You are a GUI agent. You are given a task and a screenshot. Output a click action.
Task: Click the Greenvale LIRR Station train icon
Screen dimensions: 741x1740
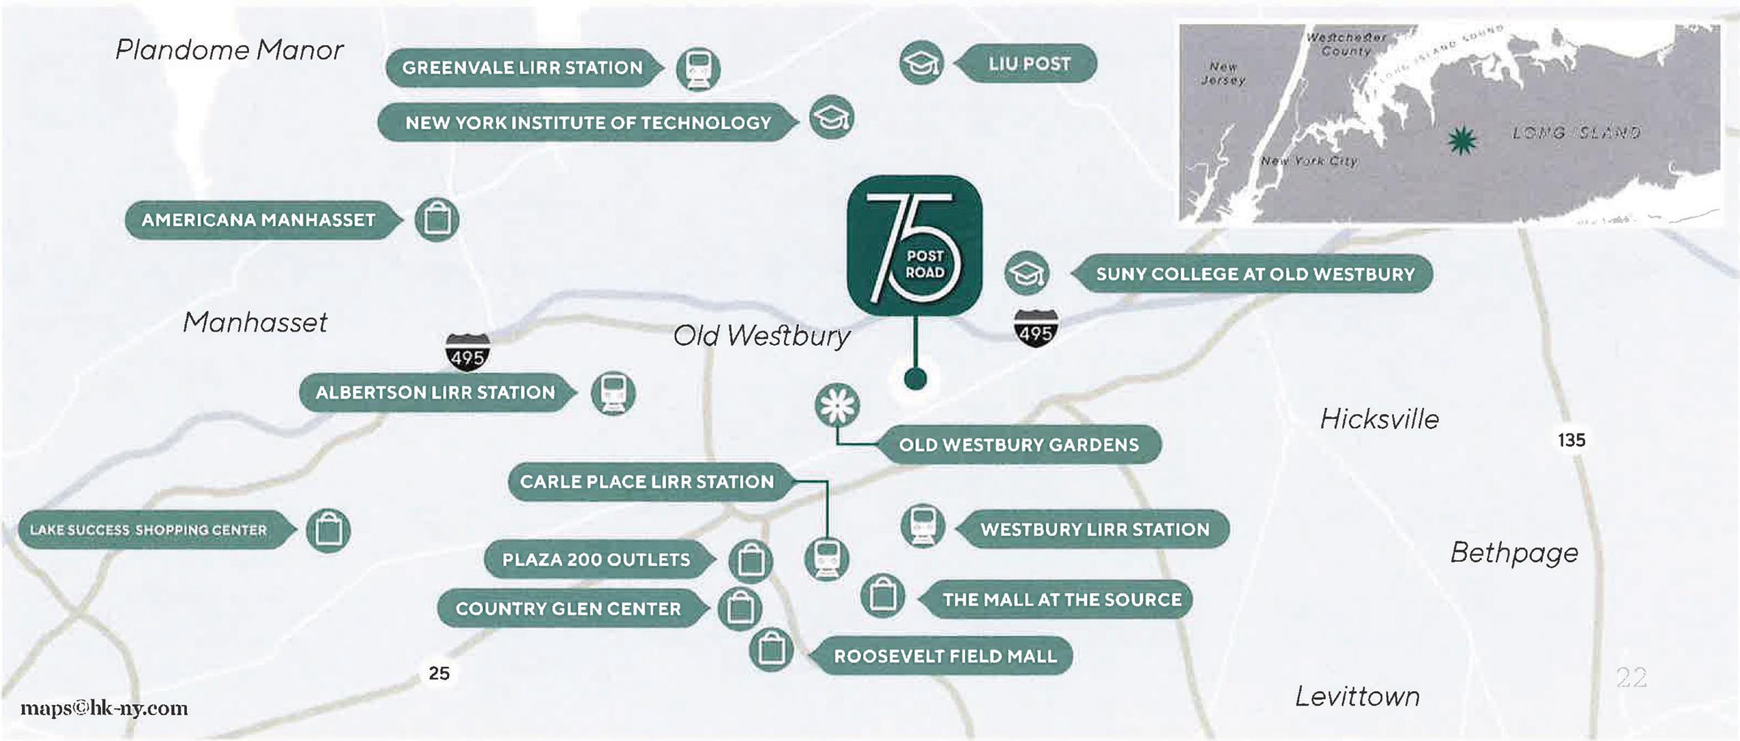tap(697, 68)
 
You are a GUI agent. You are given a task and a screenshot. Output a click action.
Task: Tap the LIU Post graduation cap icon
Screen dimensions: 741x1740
tap(921, 63)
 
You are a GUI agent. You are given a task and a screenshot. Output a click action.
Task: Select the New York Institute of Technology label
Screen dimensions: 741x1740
tap(588, 123)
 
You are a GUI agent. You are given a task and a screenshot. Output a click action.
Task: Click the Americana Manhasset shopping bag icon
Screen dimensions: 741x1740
tap(437, 220)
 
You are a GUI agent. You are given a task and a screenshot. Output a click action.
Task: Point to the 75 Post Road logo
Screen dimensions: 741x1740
tap(914, 245)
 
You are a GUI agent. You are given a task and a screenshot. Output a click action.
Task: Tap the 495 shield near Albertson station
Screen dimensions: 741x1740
tap(467, 353)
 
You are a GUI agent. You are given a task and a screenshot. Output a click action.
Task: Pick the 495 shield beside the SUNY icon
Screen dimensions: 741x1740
tap(1036, 330)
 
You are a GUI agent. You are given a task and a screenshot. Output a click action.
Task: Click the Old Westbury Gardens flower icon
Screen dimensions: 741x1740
tap(837, 405)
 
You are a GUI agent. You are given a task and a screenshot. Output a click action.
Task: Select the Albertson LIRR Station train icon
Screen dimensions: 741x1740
tap(613, 393)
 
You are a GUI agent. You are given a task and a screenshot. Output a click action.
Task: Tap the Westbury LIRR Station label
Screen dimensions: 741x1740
tap(1094, 529)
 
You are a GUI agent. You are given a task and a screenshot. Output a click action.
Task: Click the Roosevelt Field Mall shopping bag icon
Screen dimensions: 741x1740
tap(771, 649)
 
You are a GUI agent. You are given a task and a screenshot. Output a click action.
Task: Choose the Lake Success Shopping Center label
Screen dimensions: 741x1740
tap(148, 530)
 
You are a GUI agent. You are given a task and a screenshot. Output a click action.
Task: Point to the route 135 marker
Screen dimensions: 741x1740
tap(1571, 440)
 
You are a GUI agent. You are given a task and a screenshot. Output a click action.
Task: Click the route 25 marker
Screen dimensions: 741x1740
tap(439, 673)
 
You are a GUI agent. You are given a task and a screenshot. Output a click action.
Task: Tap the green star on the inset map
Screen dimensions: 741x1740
tap(1462, 141)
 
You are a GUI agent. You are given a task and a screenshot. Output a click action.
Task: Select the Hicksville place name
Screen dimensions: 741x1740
tap(1379, 419)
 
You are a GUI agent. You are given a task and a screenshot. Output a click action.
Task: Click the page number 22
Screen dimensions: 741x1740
tap(1631, 678)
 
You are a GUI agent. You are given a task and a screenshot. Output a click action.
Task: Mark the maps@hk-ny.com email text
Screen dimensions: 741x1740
tap(104, 708)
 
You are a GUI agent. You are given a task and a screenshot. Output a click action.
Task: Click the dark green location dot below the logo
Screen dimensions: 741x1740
tap(914, 379)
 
